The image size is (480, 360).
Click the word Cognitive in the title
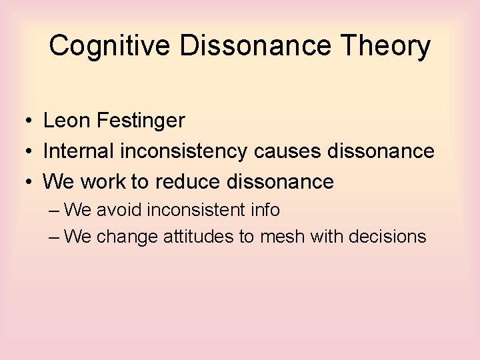click(104, 46)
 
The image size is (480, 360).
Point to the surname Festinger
click(141, 121)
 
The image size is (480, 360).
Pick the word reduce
click(187, 181)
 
